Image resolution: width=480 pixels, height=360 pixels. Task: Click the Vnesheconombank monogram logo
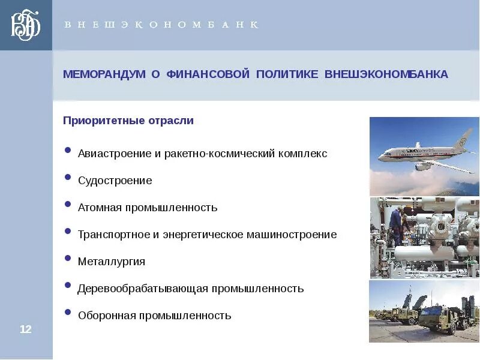[x=25, y=25]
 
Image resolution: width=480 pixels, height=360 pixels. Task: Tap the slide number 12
[x=25, y=329]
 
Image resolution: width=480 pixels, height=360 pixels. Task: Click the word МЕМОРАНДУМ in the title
[x=104, y=74]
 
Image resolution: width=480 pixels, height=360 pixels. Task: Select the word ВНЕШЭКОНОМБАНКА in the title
[x=386, y=74]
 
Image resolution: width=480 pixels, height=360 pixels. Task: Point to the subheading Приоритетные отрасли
[x=128, y=121]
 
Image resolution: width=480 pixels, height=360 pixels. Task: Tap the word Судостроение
[x=115, y=181]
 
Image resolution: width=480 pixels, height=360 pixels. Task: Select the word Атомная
[x=100, y=208]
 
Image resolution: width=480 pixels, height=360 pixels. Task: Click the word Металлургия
[x=112, y=262]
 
